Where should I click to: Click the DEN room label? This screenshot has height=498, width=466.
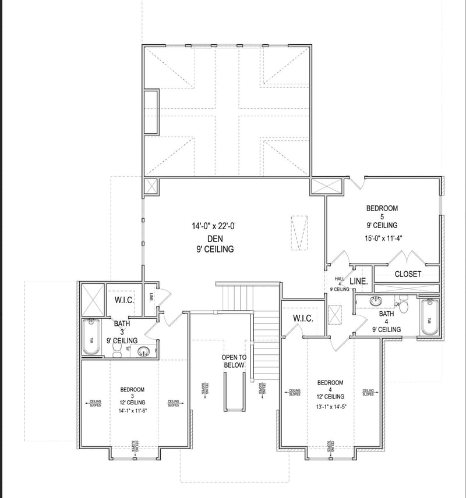point(215,239)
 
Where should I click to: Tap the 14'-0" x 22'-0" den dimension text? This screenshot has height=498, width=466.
point(216,226)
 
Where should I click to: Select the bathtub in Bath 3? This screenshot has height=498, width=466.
point(91,338)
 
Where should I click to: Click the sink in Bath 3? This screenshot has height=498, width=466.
point(143,351)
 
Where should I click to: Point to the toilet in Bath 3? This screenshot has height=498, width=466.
point(117,349)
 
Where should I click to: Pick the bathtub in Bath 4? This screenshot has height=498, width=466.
point(429,317)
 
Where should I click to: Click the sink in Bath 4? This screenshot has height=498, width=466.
point(376,301)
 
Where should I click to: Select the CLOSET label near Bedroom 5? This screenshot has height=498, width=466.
point(408,274)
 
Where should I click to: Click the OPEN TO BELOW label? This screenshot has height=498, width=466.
point(233,361)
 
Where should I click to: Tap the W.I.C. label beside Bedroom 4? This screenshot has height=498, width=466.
point(303,318)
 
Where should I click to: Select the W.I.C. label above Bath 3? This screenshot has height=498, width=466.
point(125,301)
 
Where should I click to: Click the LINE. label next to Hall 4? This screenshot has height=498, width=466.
point(358,281)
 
